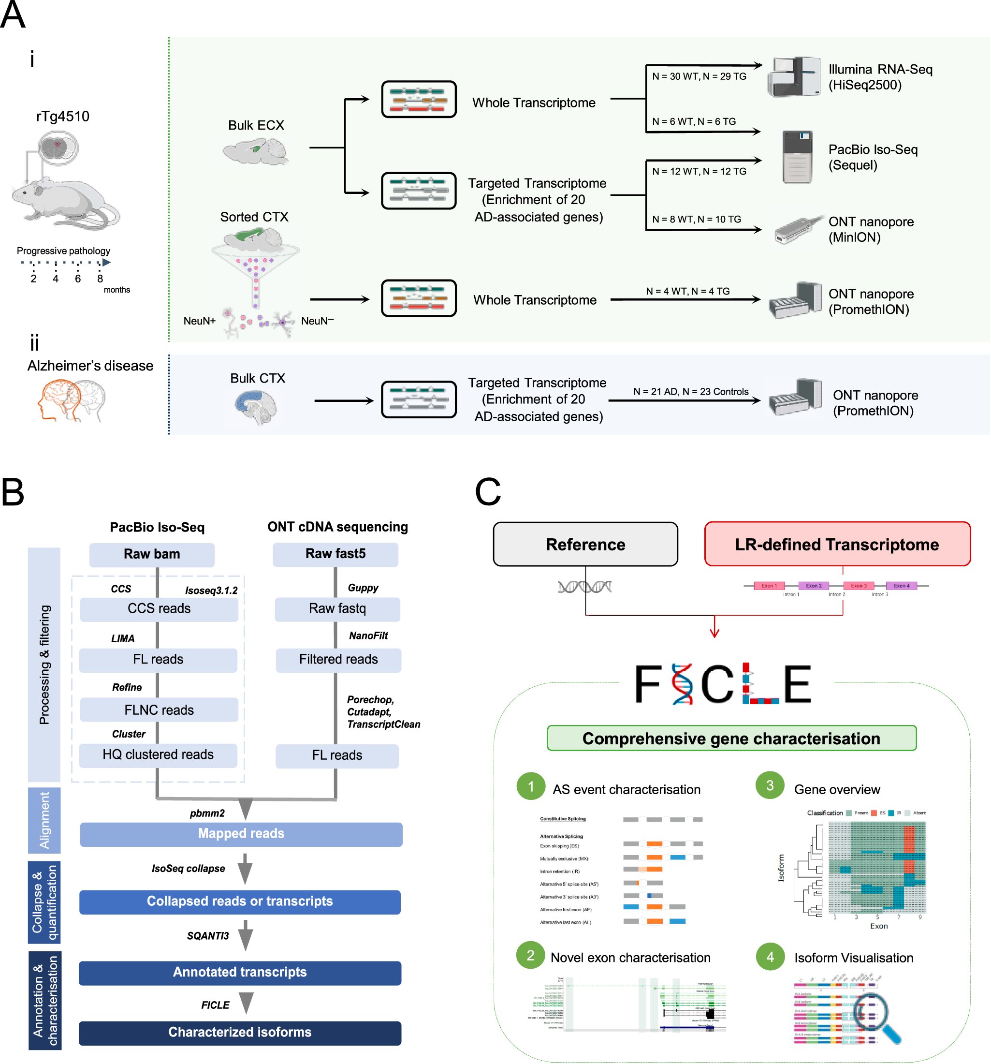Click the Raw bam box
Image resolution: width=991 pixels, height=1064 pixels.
pyautogui.click(x=151, y=554)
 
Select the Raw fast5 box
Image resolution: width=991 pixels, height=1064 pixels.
pyautogui.click(x=335, y=554)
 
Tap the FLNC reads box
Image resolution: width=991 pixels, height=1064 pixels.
pyautogui.click(x=159, y=709)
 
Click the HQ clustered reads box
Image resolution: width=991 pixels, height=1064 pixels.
pyautogui.click(x=158, y=754)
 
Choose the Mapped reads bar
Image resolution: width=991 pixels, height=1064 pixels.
pyautogui.click(x=241, y=834)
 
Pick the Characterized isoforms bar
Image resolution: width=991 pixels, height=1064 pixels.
pyautogui.click(x=240, y=1033)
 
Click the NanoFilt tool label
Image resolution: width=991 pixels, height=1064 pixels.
pyautogui.click(x=368, y=636)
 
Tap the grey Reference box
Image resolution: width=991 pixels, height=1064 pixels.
pyautogui.click(x=585, y=544)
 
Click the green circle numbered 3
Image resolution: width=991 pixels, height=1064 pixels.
pyautogui.click(x=770, y=785)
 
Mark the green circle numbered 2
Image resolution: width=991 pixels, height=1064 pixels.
pyautogui.click(x=530, y=955)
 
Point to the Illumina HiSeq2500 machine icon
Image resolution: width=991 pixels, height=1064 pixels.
pyautogui.click(x=794, y=76)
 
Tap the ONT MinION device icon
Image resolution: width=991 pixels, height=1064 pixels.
pyautogui.click(x=797, y=230)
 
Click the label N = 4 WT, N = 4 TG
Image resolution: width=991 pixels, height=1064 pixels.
pyautogui.click(x=687, y=291)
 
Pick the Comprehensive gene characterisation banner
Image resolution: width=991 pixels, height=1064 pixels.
pyautogui.click(x=731, y=739)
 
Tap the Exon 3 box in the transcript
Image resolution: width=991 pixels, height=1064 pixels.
pyautogui.click(x=858, y=586)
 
